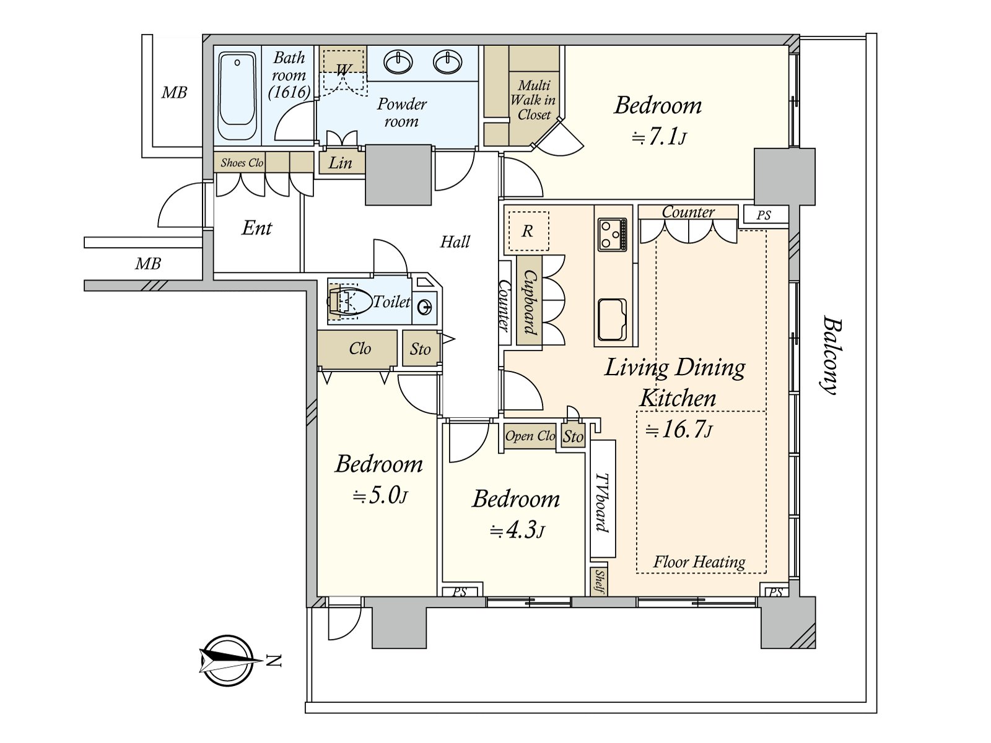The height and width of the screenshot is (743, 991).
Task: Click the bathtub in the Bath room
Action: tap(237, 95)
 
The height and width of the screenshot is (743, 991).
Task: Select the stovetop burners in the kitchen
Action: tap(612, 234)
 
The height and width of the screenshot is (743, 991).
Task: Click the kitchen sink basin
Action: tap(612, 319)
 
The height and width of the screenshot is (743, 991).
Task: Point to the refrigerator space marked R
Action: tap(528, 231)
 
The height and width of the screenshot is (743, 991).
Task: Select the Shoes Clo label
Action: tap(242, 163)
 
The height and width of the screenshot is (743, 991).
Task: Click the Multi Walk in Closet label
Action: tap(533, 100)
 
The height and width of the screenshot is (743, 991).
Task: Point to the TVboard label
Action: tap(602, 503)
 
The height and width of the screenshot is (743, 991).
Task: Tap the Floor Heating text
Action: tap(699, 562)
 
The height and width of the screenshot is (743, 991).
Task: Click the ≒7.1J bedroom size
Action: tap(659, 137)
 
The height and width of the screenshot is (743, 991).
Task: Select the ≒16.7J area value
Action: tap(679, 430)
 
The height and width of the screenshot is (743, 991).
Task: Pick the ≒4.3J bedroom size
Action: tap(517, 531)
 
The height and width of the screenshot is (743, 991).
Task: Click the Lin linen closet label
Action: tap(341, 162)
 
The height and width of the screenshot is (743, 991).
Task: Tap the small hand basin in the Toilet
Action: tap(424, 308)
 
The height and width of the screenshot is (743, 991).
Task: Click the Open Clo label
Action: tap(530, 436)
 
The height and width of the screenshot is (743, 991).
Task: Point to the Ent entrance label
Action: tap(256, 228)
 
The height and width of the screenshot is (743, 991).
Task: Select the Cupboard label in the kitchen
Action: tap(530, 302)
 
